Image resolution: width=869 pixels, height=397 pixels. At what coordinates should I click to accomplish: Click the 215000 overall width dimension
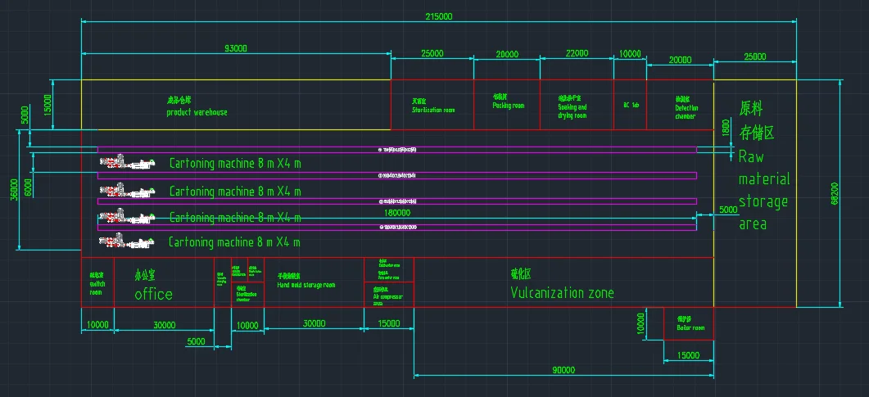pyautogui.click(x=438, y=16)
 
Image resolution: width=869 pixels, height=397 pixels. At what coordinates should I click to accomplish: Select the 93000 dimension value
pyautogui.click(x=235, y=49)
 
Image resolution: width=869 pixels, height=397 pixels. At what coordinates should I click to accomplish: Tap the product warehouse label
pyautogui.click(x=197, y=112)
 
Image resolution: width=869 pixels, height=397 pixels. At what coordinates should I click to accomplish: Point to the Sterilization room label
pyautogui.click(x=433, y=110)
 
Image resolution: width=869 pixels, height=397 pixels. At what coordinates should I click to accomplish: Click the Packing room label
pyautogui.click(x=508, y=106)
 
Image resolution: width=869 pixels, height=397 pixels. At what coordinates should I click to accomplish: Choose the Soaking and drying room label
pyautogui.click(x=573, y=111)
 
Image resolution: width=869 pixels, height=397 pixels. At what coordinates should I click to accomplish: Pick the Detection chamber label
pyautogui.click(x=686, y=112)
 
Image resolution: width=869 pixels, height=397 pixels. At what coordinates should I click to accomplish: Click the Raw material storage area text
pyautogui.click(x=763, y=178)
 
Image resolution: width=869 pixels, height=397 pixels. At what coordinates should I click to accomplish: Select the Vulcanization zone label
pyautogui.click(x=562, y=293)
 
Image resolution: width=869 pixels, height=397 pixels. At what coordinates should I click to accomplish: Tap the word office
pyautogui.click(x=154, y=294)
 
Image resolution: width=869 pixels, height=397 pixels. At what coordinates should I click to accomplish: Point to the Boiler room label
pyautogui.click(x=690, y=327)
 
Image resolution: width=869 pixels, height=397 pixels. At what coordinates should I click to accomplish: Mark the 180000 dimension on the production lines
pyautogui.click(x=397, y=211)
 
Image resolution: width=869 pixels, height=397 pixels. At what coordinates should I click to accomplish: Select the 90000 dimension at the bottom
pyautogui.click(x=563, y=370)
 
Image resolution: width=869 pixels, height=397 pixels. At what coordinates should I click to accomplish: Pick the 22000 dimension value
pyautogui.click(x=577, y=53)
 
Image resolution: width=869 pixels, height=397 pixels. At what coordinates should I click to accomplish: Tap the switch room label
pyautogui.click(x=97, y=283)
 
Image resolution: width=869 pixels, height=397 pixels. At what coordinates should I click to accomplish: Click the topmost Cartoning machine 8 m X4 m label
pyautogui.click(x=235, y=164)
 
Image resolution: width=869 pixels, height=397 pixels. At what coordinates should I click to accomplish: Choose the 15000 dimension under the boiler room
pyautogui.click(x=688, y=355)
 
